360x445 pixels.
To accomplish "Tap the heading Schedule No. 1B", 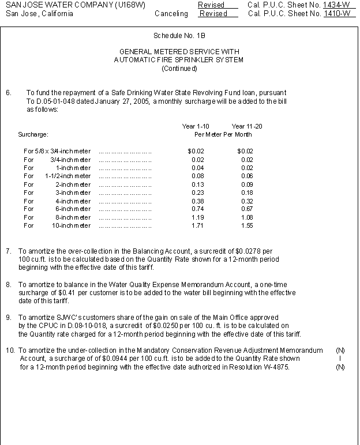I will pyautogui.click(x=179, y=36).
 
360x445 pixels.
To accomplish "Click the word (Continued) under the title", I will pyautogui.click(x=179, y=69).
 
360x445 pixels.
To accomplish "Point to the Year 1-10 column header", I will pyautogui.click(x=196, y=126).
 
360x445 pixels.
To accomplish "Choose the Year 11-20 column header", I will pyautogui.click(x=247, y=126).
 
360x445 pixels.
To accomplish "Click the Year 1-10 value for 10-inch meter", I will pyautogui.click(x=196, y=226).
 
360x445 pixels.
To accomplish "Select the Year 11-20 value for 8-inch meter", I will pyautogui.click(x=246, y=217).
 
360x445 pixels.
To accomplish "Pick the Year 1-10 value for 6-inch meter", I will pyautogui.click(x=196, y=209).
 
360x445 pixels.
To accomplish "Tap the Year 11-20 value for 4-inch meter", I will pyautogui.click(x=246, y=201).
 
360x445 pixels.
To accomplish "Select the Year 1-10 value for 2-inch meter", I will pyautogui.click(x=196, y=184).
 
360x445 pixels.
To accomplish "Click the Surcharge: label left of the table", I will pyautogui.click(x=33, y=135).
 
